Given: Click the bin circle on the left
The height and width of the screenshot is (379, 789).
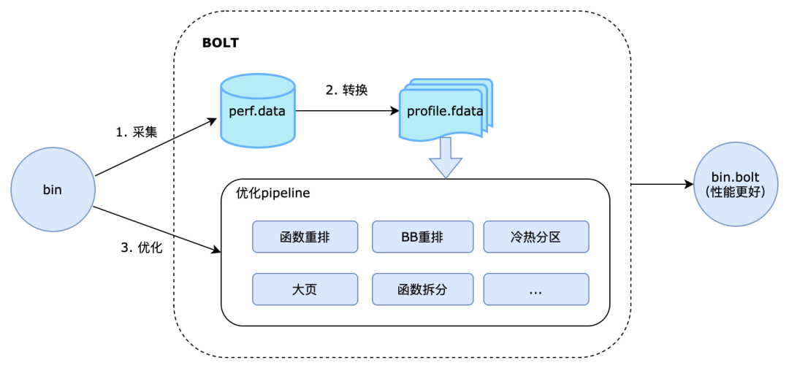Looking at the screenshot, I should pyautogui.click(x=53, y=190).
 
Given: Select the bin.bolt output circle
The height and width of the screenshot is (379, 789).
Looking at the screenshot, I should pyautogui.click(x=736, y=184).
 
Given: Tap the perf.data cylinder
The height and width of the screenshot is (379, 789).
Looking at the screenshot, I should pyautogui.click(x=258, y=111).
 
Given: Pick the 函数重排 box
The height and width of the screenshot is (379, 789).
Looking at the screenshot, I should pyautogui.click(x=305, y=237).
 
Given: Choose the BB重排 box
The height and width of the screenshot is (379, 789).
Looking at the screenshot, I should pyautogui.click(x=423, y=237).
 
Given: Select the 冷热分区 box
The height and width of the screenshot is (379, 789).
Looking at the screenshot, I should pyautogui.click(x=535, y=237).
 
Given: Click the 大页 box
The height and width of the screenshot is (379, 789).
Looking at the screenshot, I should pyautogui.click(x=305, y=289).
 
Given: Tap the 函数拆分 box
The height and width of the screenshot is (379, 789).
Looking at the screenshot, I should pyautogui.click(x=423, y=289).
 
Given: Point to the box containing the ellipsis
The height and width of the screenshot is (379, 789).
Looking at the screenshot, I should pyautogui.click(x=535, y=289).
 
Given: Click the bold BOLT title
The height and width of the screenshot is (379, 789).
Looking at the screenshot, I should pyautogui.click(x=220, y=43).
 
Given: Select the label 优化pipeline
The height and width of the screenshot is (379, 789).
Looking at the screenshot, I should pyautogui.click(x=273, y=194).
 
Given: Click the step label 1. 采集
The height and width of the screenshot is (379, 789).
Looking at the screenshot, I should pyautogui.click(x=137, y=132).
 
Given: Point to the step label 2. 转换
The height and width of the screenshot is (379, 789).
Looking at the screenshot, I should pyautogui.click(x=346, y=91).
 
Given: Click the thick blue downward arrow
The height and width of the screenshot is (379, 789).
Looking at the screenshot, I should pyautogui.click(x=445, y=158).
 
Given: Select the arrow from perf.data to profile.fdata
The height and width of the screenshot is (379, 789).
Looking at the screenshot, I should pyautogui.click(x=346, y=111).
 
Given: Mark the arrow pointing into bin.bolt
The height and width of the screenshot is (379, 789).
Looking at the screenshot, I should pyautogui.click(x=661, y=185).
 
